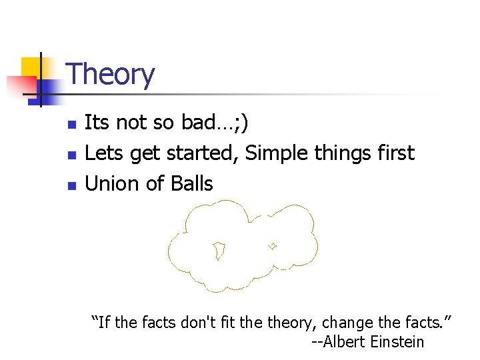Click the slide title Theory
[x=111, y=75]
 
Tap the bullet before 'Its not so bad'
[x=73, y=124]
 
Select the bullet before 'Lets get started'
[x=73, y=155]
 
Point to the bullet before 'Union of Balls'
[x=73, y=185]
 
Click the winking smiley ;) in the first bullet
[x=241, y=123]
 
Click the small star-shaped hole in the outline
[x=272, y=245]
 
